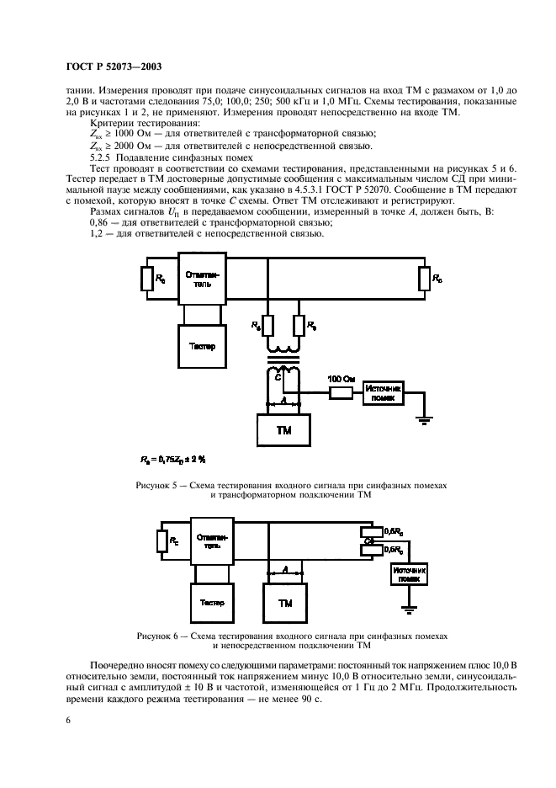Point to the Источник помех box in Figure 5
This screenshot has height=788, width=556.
[x=382, y=392]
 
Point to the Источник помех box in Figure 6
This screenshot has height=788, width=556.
[x=410, y=576]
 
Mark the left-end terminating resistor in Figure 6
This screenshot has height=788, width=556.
[x=162, y=540]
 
